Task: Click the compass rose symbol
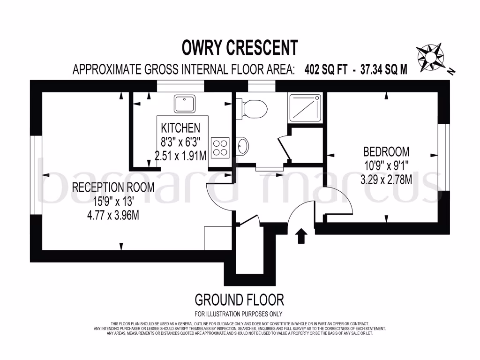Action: (430, 56)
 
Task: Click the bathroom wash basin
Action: (242, 146)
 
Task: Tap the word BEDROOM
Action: (386, 152)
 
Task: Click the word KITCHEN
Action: (180, 127)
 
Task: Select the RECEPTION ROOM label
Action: (113, 187)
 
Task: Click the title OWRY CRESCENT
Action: (240, 48)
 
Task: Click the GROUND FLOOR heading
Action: (239, 299)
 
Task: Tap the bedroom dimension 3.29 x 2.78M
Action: (386, 179)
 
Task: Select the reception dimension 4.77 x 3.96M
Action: (113, 216)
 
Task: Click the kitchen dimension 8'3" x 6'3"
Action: (180, 142)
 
